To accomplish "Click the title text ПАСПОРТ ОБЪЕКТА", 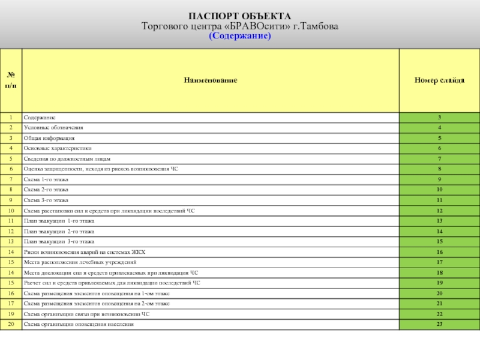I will click(240, 16).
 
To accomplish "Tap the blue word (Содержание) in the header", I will click(240, 37).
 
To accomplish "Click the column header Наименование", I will click(210, 80).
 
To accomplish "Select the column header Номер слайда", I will click(439, 80).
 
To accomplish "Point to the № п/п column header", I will click(11, 80).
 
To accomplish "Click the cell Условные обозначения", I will click(53, 128).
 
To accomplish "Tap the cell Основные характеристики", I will click(58, 148).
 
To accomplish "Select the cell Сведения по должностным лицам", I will click(67, 158).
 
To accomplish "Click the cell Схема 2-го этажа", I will click(46, 190).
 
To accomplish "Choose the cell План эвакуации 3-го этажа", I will click(59, 241).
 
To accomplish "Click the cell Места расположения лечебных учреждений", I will click(80, 262).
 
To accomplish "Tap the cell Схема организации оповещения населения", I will click(79, 324).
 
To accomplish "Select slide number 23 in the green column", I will click(439, 324).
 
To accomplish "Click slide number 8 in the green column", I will click(439, 169).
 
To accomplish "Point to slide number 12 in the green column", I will click(439, 211).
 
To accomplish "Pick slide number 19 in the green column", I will click(439, 283).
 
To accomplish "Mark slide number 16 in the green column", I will click(439, 252).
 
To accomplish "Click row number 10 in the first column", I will click(11, 211).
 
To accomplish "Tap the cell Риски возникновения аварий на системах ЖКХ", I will click(85, 252).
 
